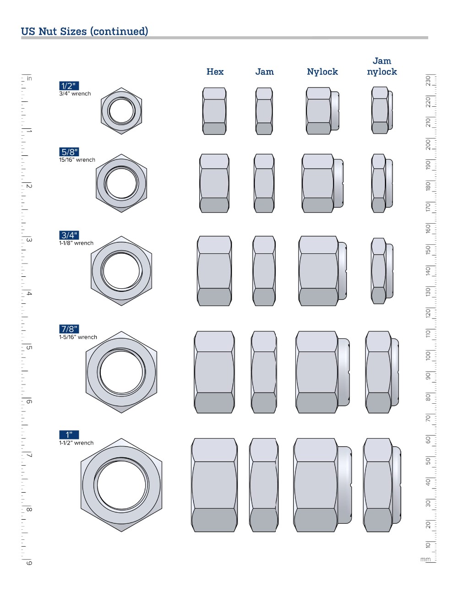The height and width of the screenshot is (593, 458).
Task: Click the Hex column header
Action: (x=215, y=72)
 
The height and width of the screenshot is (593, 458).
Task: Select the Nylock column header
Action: (x=322, y=72)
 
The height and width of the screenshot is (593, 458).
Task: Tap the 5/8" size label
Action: (x=69, y=152)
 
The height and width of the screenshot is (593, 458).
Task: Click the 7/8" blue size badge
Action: (x=69, y=329)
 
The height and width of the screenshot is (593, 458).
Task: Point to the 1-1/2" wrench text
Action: (x=76, y=443)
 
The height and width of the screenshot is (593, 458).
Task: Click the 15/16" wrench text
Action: (x=77, y=159)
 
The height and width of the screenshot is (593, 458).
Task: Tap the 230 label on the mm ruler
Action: (x=428, y=81)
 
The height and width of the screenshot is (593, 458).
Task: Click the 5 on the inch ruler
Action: (x=29, y=348)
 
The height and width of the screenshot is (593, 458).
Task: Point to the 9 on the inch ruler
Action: (x=29, y=563)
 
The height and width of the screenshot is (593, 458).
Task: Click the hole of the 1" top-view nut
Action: (x=121, y=485)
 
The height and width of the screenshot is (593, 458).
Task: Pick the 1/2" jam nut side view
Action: (x=264, y=111)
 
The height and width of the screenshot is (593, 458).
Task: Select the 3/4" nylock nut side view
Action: (x=323, y=271)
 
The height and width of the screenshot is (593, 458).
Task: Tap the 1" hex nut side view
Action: (x=214, y=485)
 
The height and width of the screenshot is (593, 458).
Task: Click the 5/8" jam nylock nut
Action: (x=382, y=183)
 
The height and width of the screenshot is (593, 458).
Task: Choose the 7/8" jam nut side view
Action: (x=264, y=372)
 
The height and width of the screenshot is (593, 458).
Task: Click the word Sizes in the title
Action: (x=73, y=31)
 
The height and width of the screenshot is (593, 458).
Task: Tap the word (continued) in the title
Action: (x=119, y=31)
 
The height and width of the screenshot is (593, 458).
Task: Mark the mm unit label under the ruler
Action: (x=425, y=560)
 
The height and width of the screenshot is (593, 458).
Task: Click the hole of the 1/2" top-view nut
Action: (x=121, y=111)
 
